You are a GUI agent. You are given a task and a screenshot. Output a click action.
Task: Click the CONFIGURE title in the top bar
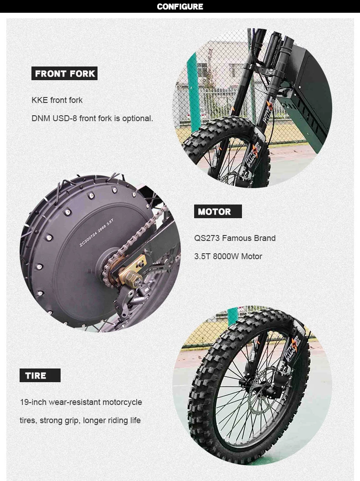pyautogui.click(x=180, y=6)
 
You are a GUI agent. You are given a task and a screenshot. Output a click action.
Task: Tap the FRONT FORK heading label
pyautogui.click(x=64, y=73)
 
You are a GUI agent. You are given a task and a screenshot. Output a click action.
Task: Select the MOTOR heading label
pyautogui.click(x=218, y=211)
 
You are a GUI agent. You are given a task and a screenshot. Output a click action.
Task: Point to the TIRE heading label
pyautogui.click(x=40, y=375)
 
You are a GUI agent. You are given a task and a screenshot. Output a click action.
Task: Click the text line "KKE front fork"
pyautogui.click(x=57, y=100)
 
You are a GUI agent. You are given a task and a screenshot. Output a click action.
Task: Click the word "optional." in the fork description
pyautogui.click(x=138, y=118)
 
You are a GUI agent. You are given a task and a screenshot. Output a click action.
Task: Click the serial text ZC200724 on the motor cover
pyautogui.click(x=88, y=239)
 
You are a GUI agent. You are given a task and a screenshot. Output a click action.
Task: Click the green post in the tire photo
pyautogui.click(x=233, y=316)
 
